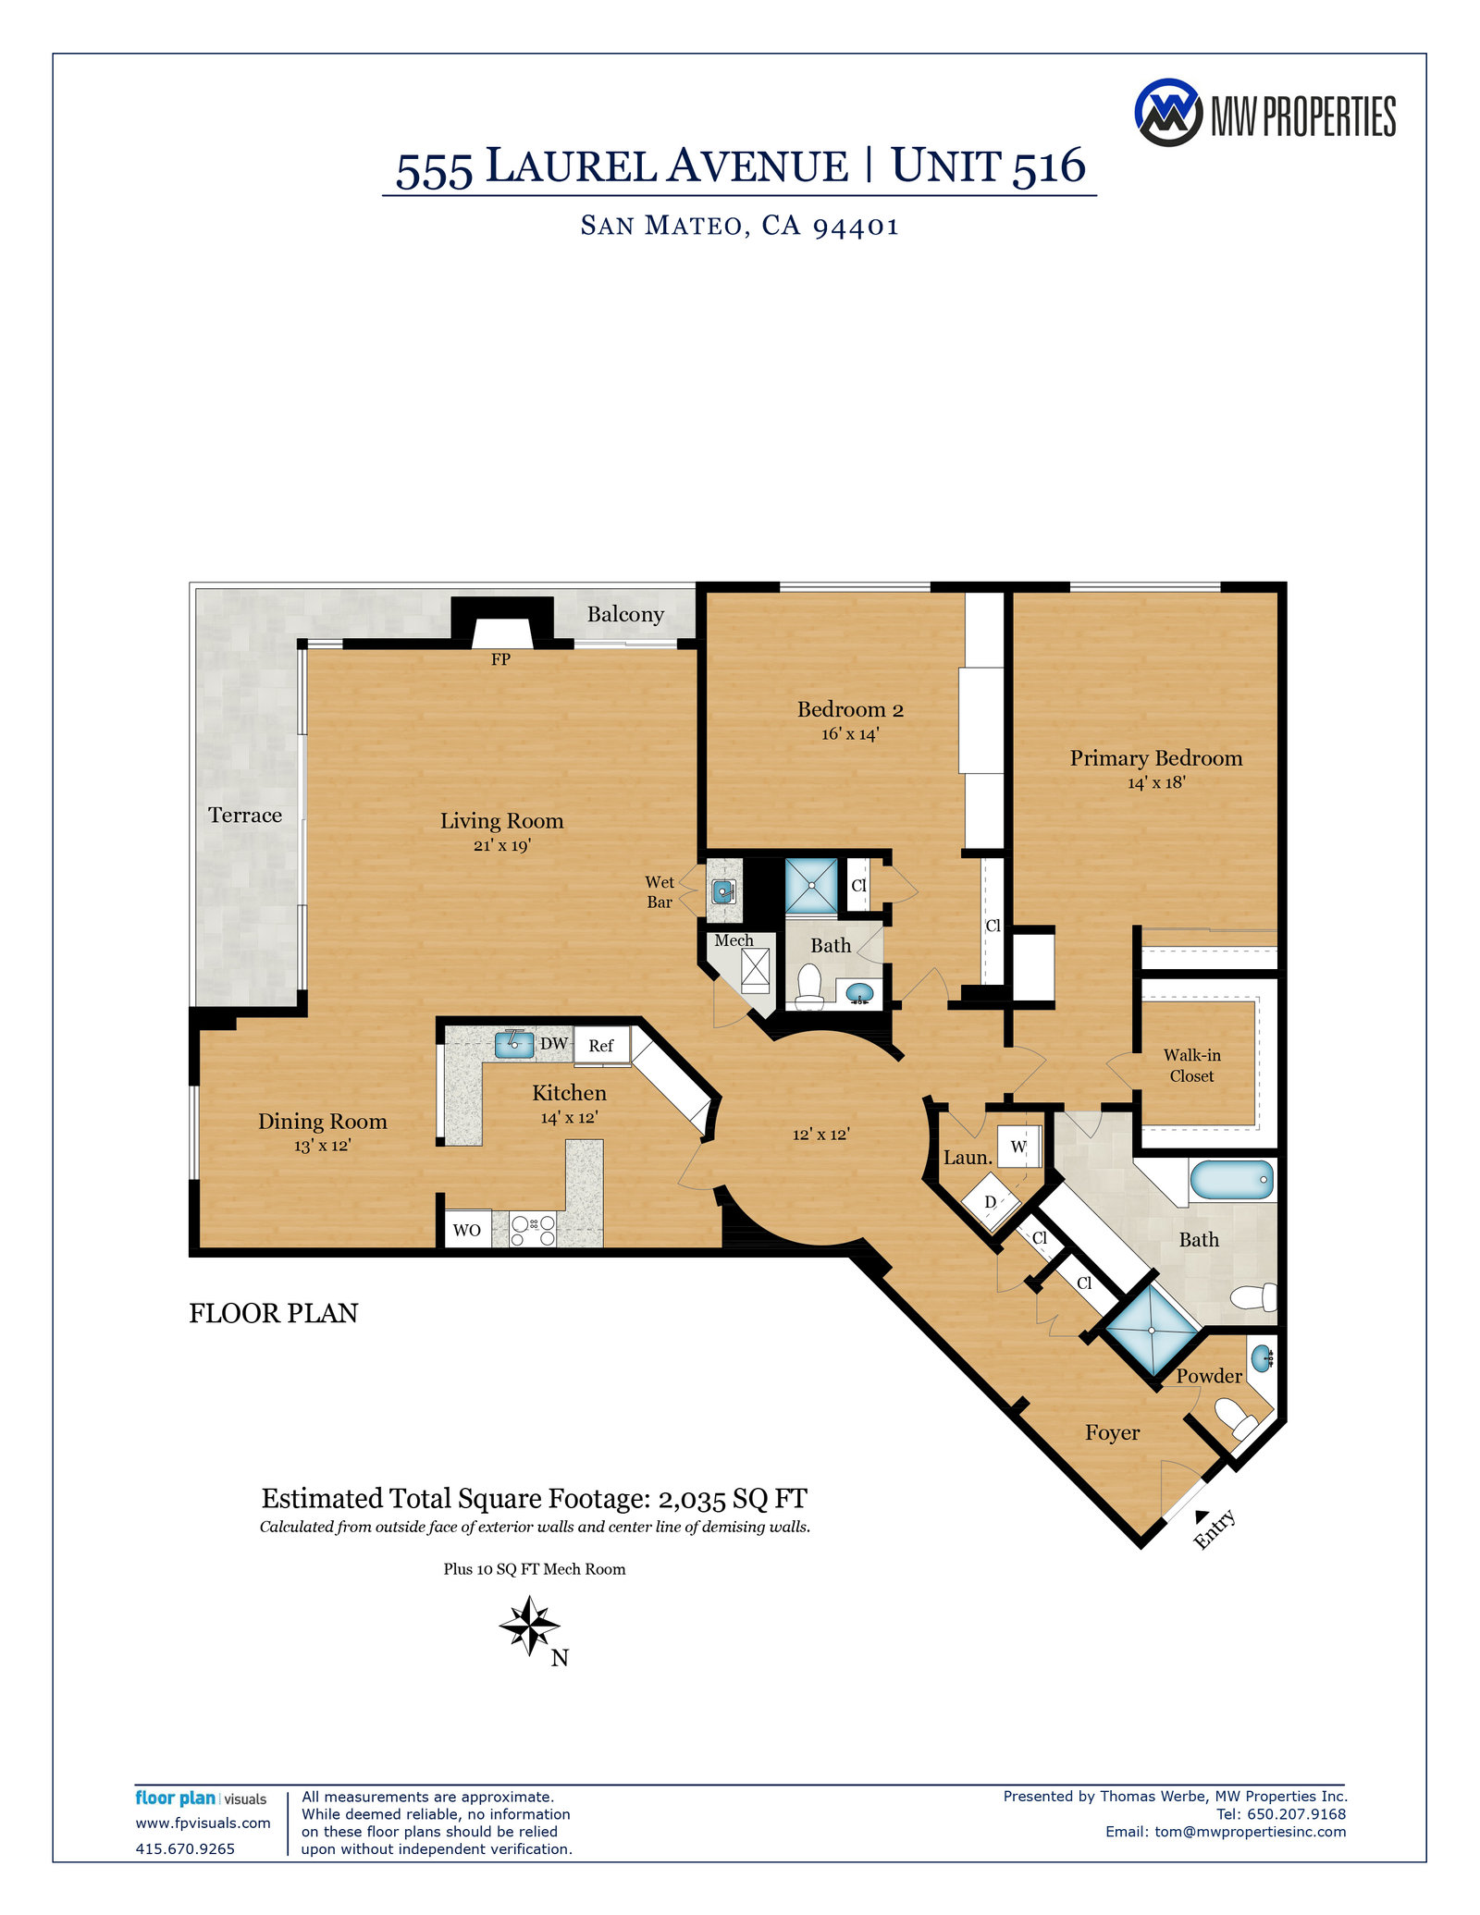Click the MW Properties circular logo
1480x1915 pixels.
(1167, 113)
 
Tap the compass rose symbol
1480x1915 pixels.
(529, 1625)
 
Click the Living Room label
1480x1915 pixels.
(501, 821)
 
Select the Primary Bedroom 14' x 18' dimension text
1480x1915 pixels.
(1156, 783)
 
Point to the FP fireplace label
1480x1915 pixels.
(500, 659)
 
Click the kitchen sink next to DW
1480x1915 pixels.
(514, 1044)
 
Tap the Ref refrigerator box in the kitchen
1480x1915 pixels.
(601, 1046)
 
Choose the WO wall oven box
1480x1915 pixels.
(467, 1230)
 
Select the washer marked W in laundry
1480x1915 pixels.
(1018, 1147)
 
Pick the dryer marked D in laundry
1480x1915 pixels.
(991, 1202)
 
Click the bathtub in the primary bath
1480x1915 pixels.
(1231, 1181)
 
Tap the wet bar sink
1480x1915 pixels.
(722, 891)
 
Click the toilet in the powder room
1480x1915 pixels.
(1234, 1416)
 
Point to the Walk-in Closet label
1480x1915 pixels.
(1191, 1065)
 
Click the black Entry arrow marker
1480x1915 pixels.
(1202, 1516)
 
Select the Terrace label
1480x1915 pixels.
(245, 816)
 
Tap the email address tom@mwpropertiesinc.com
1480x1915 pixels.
(1250, 1832)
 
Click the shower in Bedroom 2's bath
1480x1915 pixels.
(811, 885)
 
